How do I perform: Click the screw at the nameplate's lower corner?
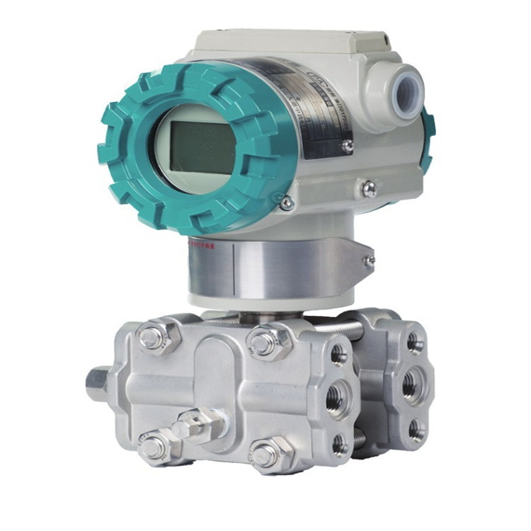346,145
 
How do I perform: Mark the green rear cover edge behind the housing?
428,142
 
